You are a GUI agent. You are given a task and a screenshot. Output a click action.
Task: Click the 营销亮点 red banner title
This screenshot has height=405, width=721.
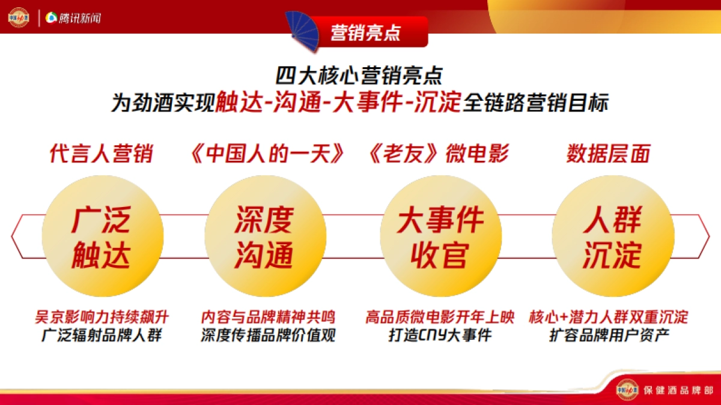point(365,32)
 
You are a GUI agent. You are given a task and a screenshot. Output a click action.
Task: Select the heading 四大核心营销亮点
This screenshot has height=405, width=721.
point(359,76)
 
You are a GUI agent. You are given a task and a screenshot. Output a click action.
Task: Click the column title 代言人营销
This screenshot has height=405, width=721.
point(101,154)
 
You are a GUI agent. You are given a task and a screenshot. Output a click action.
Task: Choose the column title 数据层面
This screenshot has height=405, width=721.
point(608,154)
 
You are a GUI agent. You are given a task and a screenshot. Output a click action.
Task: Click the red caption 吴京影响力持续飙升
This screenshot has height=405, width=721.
point(102,317)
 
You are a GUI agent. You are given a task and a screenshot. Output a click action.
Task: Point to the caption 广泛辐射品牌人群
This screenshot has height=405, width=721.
point(102,335)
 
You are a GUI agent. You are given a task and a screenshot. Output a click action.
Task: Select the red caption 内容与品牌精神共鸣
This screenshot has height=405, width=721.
point(268,317)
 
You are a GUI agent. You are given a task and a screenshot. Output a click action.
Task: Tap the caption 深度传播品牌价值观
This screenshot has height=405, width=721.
point(268,335)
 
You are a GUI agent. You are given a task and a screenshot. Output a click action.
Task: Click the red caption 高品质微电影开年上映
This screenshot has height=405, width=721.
point(440,317)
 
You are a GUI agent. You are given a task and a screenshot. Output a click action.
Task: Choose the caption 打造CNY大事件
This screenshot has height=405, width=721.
point(440,335)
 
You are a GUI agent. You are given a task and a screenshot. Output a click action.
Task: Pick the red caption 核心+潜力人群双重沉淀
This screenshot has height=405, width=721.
point(609,317)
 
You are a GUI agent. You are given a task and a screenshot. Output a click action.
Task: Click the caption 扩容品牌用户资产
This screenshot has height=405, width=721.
point(609,335)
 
